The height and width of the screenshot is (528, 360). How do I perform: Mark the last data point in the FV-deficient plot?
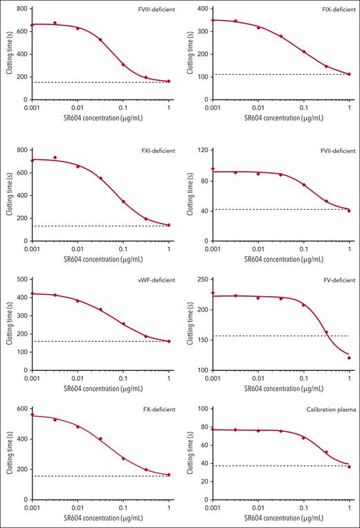(x=349, y=358)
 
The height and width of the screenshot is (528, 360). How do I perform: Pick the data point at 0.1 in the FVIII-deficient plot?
(x=123, y=65)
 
